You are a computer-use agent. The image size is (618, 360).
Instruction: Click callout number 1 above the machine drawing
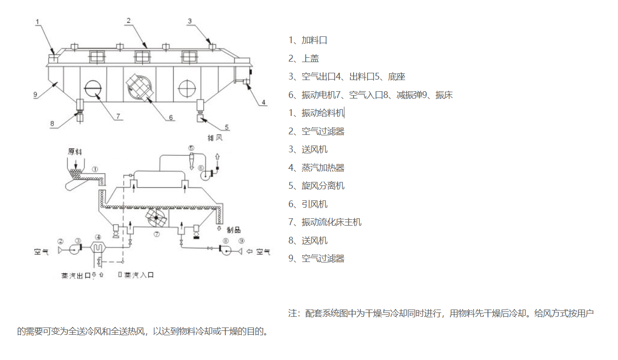38,21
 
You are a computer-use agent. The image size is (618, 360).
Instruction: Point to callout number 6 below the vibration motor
171,117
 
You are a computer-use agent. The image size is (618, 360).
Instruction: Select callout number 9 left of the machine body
35,95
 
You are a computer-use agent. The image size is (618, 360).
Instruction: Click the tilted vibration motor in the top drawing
140,88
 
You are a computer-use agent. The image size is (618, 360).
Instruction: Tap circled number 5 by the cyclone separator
191,148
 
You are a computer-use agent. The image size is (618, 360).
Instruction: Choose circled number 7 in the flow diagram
157,234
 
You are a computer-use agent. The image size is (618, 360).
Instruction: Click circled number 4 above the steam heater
98,238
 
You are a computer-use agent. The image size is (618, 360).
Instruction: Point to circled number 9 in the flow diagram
241,241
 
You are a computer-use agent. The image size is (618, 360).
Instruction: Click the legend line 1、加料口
308,40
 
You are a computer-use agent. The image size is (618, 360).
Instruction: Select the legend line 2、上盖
304,58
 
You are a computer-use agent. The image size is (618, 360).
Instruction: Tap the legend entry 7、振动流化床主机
325,222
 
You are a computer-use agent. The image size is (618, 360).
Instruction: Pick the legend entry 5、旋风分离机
316,186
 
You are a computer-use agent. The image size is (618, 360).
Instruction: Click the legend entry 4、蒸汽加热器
316,168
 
